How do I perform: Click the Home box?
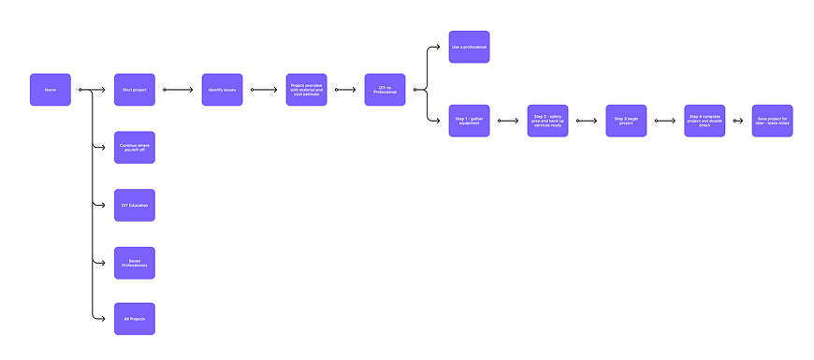(50, 90)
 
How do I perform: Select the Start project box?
(134, 90)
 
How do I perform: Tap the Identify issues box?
(222, 90)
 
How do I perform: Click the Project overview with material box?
(306, 90)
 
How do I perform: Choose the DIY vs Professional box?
(385, 90)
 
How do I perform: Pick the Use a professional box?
(469, 47)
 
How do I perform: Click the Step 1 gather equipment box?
(469, 121)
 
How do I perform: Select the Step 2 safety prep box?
(547, 121)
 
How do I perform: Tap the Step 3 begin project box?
(626, 121)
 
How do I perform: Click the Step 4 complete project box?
(705, 121)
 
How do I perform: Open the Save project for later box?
(772, 121)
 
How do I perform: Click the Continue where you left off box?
(134, 147)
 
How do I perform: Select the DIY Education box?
(134, 205)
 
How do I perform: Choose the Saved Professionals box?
(134, 263)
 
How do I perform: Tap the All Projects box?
(134, 319)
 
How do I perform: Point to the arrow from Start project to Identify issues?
(178, 90)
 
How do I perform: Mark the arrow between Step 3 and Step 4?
(665, 121)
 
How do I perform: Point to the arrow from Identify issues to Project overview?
(264, 90)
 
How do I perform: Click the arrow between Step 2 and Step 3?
(587, 121)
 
